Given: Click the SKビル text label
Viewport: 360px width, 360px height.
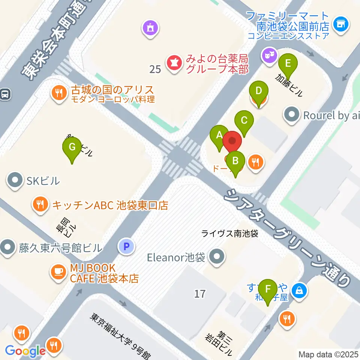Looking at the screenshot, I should point(43,181).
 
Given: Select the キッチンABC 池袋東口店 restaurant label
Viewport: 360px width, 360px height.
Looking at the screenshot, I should point(110,205).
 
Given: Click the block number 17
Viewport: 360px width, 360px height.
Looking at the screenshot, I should point(200,293).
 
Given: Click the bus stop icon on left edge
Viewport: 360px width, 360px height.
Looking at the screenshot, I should point(5,94).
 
